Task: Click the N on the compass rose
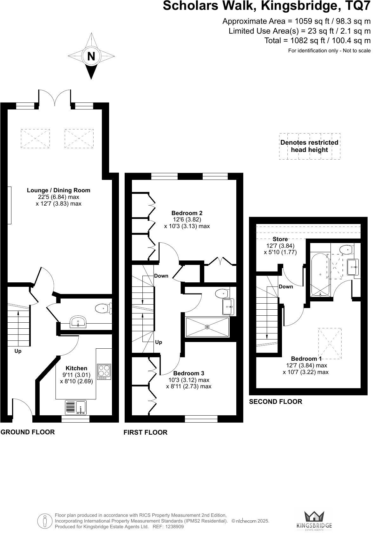click(x=91, y=56)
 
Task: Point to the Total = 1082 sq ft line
click(x=317, y=41)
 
